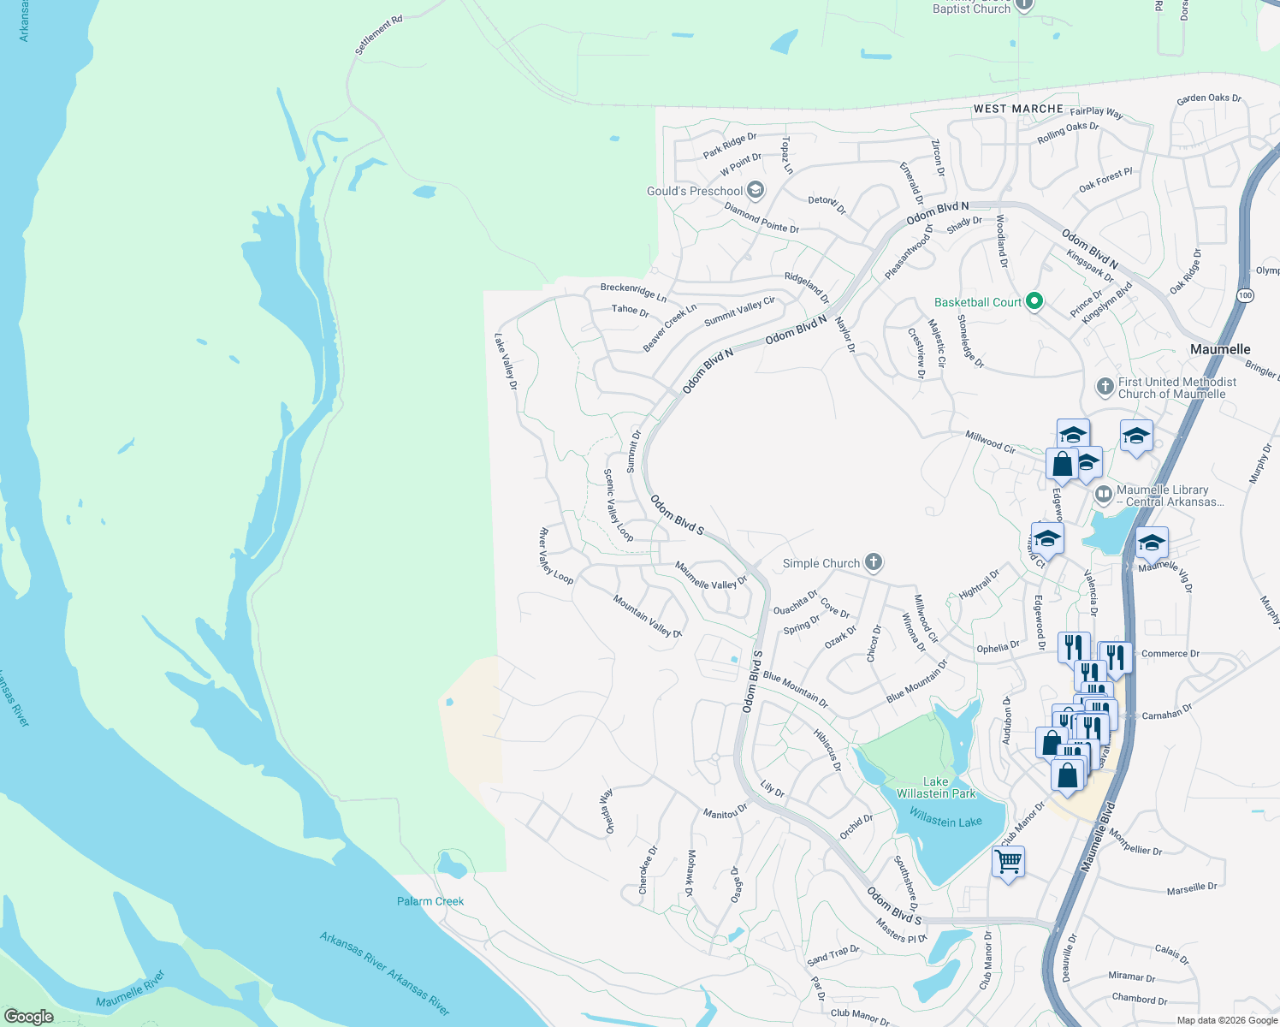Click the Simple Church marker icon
click(x=873, y=562)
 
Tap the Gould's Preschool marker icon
click(x=755, y=190)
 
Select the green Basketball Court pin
click(x=1034, y=301)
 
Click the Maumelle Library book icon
click(x=1104, y=495)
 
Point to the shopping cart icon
click(x=1008, y=861)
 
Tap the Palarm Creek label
click(x=430, y=901)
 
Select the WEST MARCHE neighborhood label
click(x=1018, y=109)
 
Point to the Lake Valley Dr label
click(x=506, y=361)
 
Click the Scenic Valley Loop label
click(x=618, y=505)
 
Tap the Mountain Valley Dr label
click(x=647, y=617)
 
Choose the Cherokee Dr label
click(x=648, y=870)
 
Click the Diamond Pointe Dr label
click(x=761, y=218)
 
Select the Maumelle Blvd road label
click(x=1098, y=837)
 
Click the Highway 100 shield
click(x=1244, y=294)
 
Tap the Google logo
click(x=28, y=1017)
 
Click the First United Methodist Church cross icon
click(x=1105, y=387)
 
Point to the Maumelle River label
click(x=130, y=989)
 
